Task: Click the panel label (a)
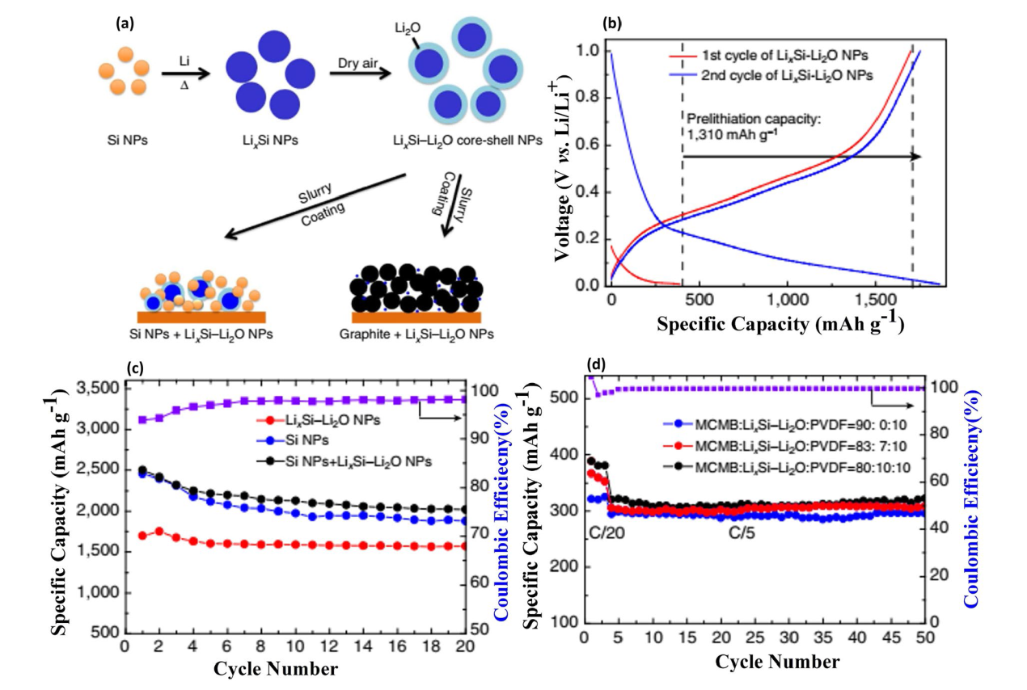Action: (126, 24)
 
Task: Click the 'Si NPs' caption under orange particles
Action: (125, 139)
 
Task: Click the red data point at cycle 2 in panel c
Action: (159, 531)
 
